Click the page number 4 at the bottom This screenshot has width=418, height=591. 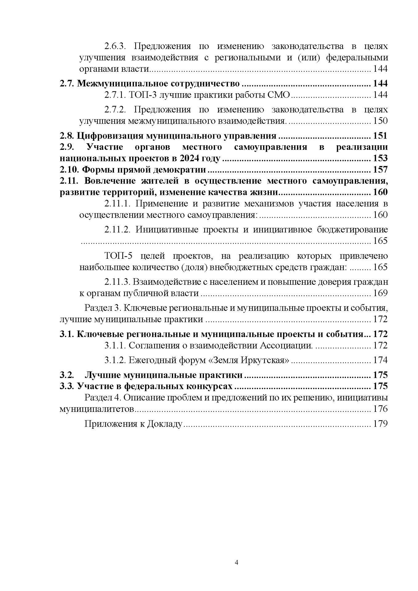236,563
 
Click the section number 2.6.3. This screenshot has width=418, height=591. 114,46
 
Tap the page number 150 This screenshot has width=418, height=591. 380,121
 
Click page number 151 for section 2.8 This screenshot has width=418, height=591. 380,136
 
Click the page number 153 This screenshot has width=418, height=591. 380,159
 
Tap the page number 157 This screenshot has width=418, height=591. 380,170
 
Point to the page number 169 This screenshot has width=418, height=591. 380,293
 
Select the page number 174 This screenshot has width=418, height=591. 380,360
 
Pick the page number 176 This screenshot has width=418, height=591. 380,409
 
